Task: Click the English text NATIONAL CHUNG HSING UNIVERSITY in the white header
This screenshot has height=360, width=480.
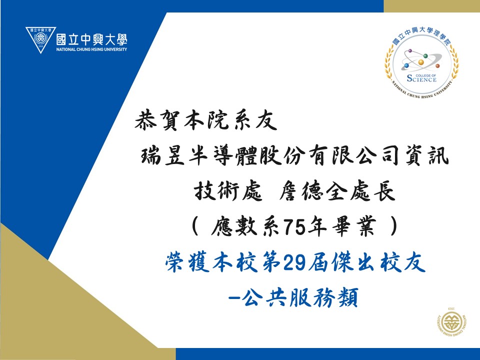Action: point(91,49)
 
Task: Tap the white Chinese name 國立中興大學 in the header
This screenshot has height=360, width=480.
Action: point(91,39)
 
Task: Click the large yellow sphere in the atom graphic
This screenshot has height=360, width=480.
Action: point(421,62)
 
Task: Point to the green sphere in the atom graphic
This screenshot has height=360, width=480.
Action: point(425,55)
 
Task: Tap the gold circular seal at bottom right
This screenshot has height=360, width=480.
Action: point(451,324)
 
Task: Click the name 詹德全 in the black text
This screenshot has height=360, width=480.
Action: point(313,191)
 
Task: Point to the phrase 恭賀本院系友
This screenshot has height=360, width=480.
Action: point(205,120)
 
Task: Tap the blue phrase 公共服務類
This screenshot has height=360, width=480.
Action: point(299,297)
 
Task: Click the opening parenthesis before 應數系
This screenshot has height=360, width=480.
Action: point(194,226)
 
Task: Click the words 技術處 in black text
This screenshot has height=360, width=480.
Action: point(228,191)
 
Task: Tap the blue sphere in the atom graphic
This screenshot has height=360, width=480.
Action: point(406,65)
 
